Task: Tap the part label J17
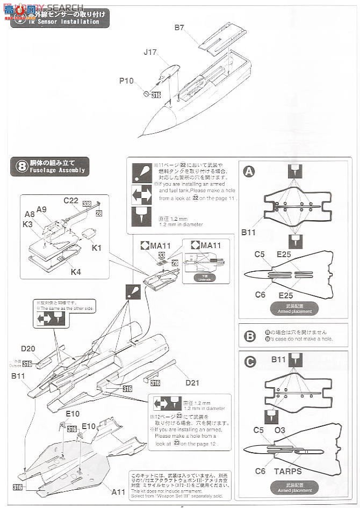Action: [x=150, y=53]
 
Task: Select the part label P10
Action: [x=127, y=81]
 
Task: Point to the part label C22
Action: [x=70, y=200]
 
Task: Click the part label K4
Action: [x=76, y=272]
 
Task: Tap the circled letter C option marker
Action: [x=249, y=362]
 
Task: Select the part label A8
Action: [x=29, y=213]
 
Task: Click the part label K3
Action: [x=29, y=223]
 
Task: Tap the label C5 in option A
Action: [x=260, y=255]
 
